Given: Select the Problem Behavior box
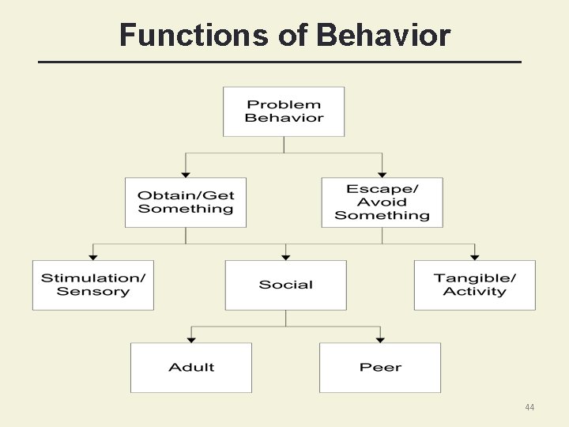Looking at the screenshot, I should tap(284, 111).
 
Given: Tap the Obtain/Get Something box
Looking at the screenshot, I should tap(186, 202).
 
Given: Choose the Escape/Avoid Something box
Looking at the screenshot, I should tap(382, 202).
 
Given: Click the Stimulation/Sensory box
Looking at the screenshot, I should tap(93, 285).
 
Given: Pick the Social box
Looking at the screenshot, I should tap(286, 285).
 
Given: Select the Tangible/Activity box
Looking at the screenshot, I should tap(474, 285).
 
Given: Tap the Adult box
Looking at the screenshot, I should tap(191, 368).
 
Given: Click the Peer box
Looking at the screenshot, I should tap(380, 368).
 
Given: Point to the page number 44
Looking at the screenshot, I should tap(529, 407).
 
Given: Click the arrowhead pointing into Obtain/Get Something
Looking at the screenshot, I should tap(186, 174).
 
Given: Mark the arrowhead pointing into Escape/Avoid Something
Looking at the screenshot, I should tap(382, 174).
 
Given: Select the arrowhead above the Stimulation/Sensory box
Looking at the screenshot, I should tap(93, 257).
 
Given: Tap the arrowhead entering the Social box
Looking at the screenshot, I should tap(286, 257).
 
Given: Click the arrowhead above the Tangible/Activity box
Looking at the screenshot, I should tap(474, 257).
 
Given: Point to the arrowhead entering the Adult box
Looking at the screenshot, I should tap(191, 340).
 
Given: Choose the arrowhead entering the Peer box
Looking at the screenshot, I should tap(380, 340).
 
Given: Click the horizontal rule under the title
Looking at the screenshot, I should tap(281, 62).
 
